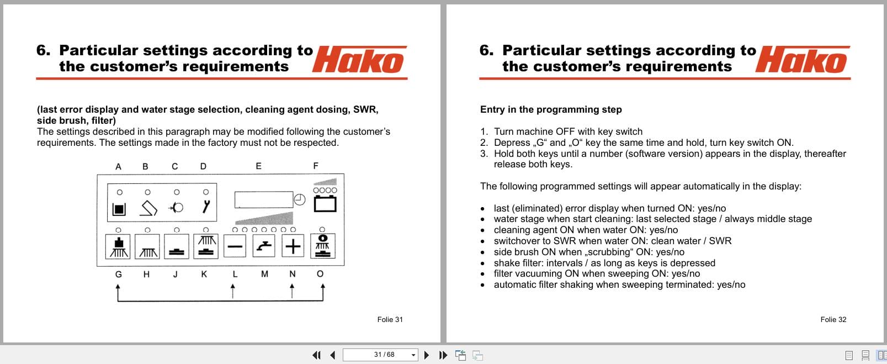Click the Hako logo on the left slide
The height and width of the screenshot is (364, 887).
(359, 60)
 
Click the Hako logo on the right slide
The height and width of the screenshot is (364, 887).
(803, 60)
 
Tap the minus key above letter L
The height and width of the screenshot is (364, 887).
(235, 246)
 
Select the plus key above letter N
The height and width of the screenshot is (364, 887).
(293, 246)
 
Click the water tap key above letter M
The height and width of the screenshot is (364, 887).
(264, 246)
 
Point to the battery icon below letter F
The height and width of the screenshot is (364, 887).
(325, 204)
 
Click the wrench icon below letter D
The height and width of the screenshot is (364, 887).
(206, 207)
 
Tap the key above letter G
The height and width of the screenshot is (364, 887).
(118, 246)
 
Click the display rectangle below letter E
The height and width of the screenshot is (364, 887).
(263, 199)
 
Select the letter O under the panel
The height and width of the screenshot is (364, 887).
(320, 274)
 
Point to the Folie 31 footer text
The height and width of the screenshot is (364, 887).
(390, 319)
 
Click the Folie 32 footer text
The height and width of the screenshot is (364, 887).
(833, 319)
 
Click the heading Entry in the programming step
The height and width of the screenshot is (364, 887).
(550, 109)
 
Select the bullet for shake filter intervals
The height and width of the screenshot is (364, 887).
(483, 263)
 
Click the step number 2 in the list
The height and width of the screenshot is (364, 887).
(484, 143)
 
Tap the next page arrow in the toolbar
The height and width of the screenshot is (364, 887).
(426, 355)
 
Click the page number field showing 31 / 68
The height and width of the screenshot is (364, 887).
(380, 355)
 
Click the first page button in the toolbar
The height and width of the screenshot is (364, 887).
(316, 355)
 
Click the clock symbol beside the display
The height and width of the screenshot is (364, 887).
(300, 199)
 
